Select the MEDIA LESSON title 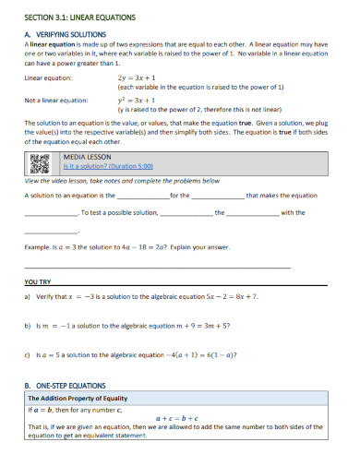[84, 158]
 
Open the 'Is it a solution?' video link [107, 167]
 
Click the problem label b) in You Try [28, 325]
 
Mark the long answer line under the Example [157, 267]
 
